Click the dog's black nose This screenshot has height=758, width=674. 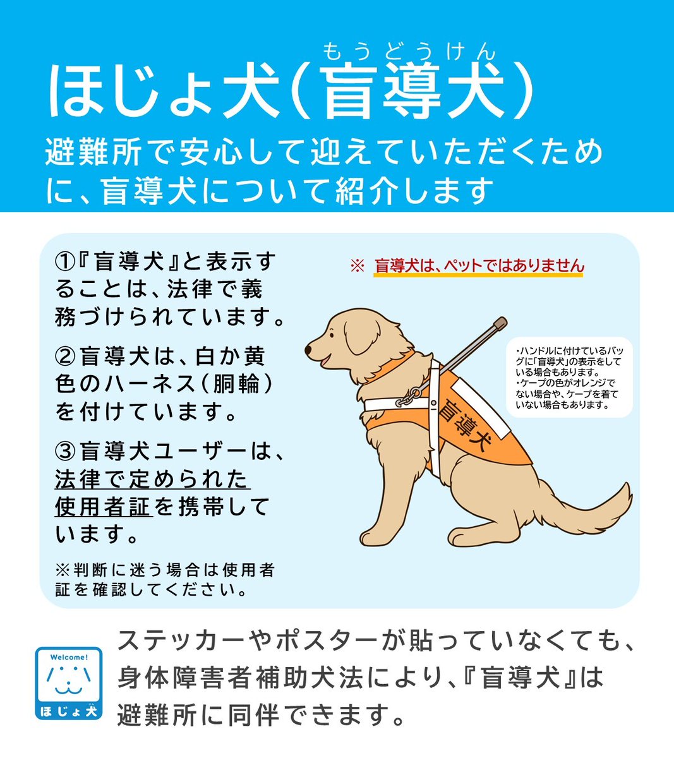click(309, 349)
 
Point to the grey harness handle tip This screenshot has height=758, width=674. click(500, 323)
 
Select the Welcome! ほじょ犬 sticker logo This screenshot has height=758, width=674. click(68, 683)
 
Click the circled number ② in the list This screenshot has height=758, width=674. click(66, 358)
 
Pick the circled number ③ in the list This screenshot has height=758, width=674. click(66, 452)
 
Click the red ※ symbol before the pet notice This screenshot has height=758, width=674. click(358, 267)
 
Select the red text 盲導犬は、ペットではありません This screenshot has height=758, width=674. click(479, 267)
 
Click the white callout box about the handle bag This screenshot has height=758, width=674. click(569, 377)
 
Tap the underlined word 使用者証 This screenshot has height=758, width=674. click(103, 507)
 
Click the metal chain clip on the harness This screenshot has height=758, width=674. click(411, 397)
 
